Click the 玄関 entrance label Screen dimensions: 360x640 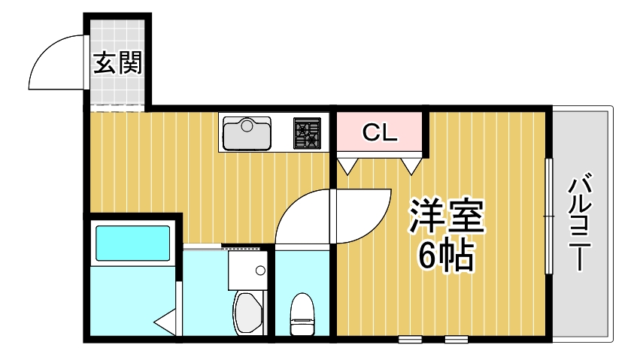coord(117,63)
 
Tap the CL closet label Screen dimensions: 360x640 coord(379,133)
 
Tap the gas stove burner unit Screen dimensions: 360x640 coord(306,134)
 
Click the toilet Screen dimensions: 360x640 coord(303,314)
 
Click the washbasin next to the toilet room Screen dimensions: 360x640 coord(247,313)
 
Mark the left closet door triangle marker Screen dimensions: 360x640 coord(347,165)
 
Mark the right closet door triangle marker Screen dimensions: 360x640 coord(411,165)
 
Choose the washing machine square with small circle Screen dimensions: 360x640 coord(247,269)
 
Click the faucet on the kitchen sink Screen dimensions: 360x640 coord(246,122)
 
